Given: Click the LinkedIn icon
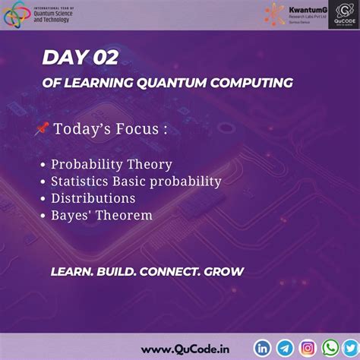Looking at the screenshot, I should [264, 347].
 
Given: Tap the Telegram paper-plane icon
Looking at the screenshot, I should [285, 347].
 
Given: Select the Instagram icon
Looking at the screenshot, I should [308, 347].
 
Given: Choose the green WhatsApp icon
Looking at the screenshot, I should [330, 347].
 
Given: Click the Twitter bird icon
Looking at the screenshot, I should [350, 347].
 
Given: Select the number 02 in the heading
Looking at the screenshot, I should [103, 58].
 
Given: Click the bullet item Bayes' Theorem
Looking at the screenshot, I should [101, 216].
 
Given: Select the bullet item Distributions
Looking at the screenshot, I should [93, 198].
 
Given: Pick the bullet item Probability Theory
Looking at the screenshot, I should [111, 164].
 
